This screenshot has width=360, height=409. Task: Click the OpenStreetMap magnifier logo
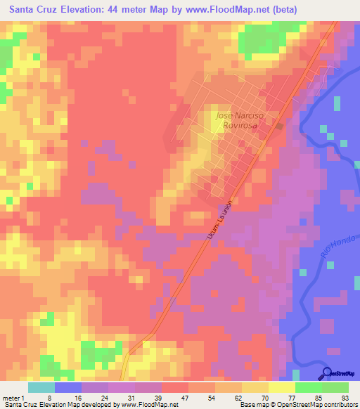[x=328, y=373]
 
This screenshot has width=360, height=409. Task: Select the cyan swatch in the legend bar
[x=41, y=387]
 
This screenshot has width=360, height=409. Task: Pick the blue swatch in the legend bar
[x=68, y=387]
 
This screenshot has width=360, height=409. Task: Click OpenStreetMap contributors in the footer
[x=316, y=405]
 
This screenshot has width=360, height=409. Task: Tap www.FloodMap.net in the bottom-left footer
[x=138, y=405]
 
